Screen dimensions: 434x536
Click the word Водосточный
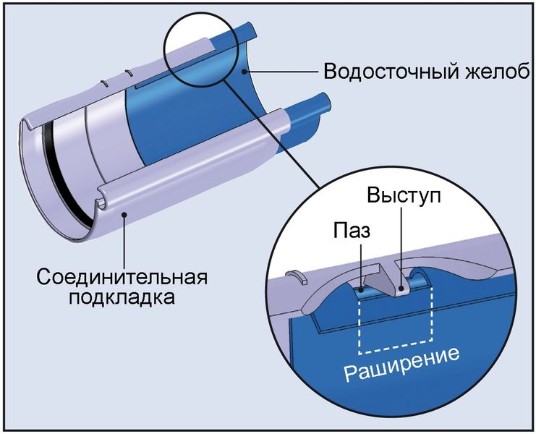(384, 73)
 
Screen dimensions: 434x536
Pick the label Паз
(352, 231)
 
